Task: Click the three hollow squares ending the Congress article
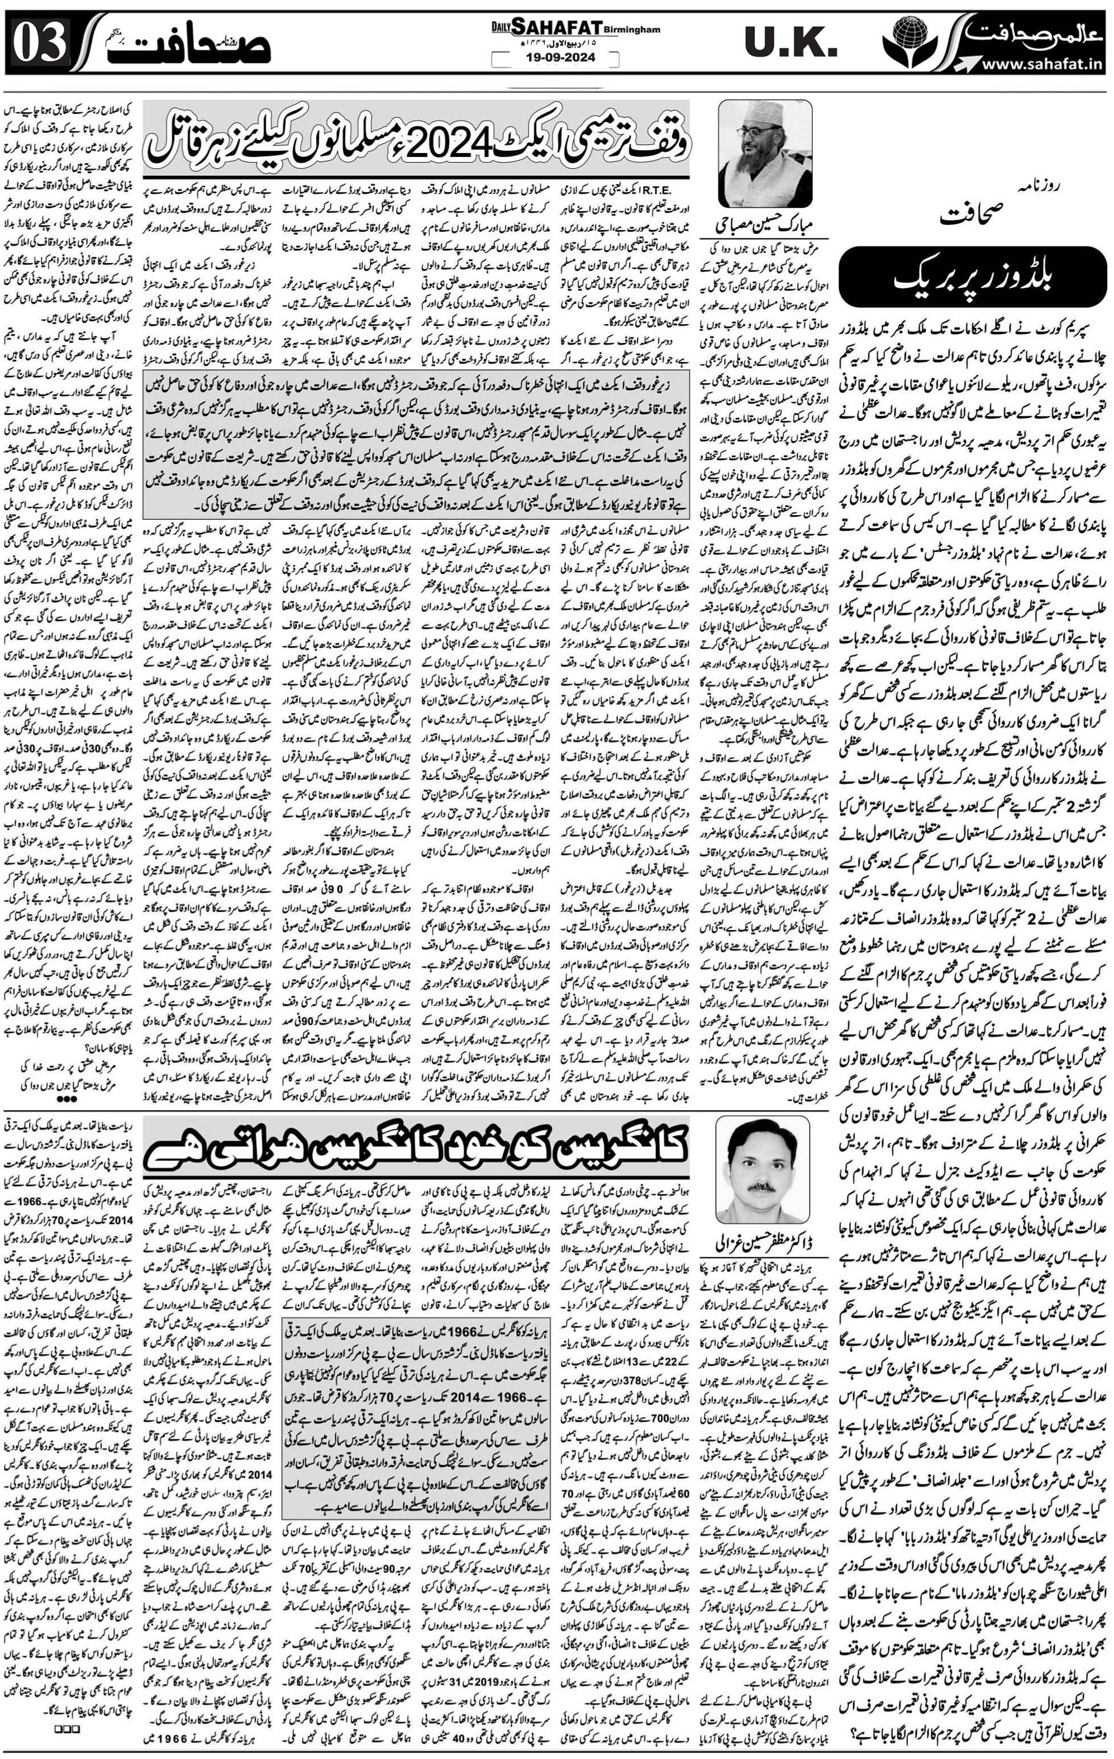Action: pyautogui.click(x=66, y=1743)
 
